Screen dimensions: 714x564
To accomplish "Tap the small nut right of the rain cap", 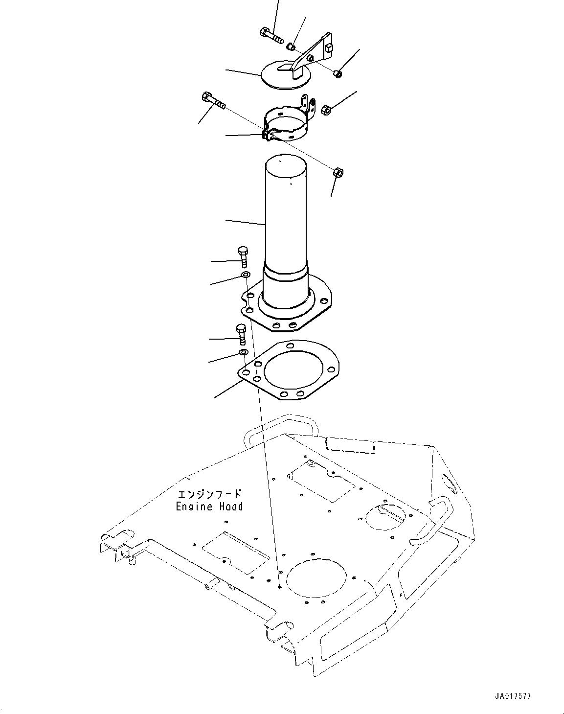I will (337, 73).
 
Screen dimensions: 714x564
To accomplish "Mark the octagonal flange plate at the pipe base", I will (318, 313).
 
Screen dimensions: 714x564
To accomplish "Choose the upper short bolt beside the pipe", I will (243, 256).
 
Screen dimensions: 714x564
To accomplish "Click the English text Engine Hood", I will (209, 507).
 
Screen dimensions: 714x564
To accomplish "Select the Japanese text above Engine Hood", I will (209, 494).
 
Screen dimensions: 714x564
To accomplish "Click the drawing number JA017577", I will (512, 696).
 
